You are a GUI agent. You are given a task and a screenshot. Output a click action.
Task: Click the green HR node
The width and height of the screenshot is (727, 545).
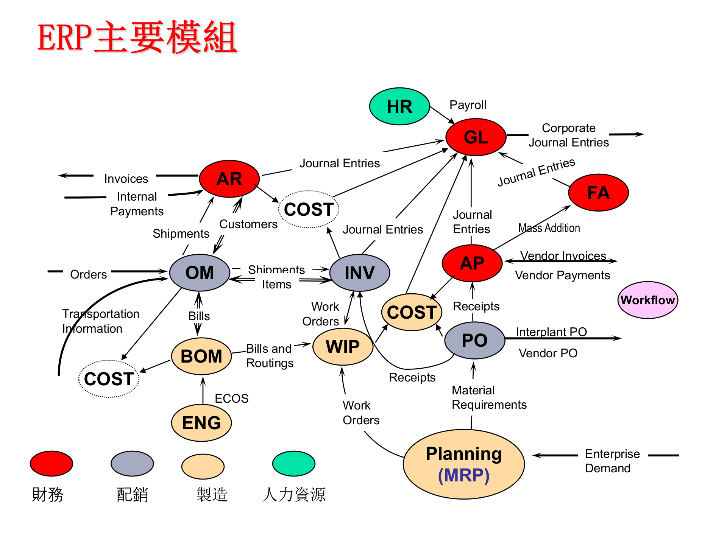pyautogui.click(x=399, y=106)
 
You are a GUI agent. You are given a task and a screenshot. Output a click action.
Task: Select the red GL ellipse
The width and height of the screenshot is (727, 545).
pyautogui.click(x=476, y=137)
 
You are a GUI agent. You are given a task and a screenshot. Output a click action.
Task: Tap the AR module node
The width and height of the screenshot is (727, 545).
pyautogui.click(x=229, y=179)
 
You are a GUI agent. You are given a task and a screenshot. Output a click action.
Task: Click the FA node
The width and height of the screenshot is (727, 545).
pyautogui.click(x=598, y=193)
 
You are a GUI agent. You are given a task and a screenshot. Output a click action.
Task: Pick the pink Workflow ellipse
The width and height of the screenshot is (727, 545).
pyautogui.click(x=647, y=300)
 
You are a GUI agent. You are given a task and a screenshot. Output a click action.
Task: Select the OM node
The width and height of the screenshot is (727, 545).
pyautogui.click(x=200, y=272)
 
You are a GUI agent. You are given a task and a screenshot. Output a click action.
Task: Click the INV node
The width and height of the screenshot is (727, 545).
pyautogui.click(x=359, y=272)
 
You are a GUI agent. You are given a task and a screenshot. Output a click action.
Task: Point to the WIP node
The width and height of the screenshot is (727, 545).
pyautogui.click(x=343, y=347)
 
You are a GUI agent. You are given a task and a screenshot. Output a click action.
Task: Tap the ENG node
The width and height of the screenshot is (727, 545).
pyautogui.click(x=201, y=423)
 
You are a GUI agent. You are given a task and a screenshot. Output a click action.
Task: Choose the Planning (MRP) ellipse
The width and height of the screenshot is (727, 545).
pyautogui.click(x=463, y=464)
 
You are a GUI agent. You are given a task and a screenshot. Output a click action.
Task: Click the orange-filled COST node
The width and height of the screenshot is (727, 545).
pyautogui.click(x=412, y=312)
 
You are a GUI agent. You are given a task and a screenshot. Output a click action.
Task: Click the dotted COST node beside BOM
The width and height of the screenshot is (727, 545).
pyautogui.click(x=109, y=379)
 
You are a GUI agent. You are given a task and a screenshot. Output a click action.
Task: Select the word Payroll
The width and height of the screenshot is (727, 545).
pyautogui.click(x=468, y=105)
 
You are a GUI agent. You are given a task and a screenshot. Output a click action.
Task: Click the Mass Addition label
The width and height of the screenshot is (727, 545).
pyautogui.click(x=549, y=228)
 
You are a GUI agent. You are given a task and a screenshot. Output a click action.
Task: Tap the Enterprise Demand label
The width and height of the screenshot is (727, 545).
pyautogui.click(x=612, y=461)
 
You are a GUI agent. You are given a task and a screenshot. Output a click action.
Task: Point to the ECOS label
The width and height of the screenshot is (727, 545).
pyautogui.click(x=231, y=398)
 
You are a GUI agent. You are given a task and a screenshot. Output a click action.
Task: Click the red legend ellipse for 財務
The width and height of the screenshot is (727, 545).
pyautogui.click(x=51, y=463)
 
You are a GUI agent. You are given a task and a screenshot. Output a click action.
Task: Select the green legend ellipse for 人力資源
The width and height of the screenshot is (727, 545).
pyautogui.click(x=293, y=463)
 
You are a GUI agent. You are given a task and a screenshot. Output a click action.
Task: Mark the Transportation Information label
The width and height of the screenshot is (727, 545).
pyautogui.click(x=100, y=321)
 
